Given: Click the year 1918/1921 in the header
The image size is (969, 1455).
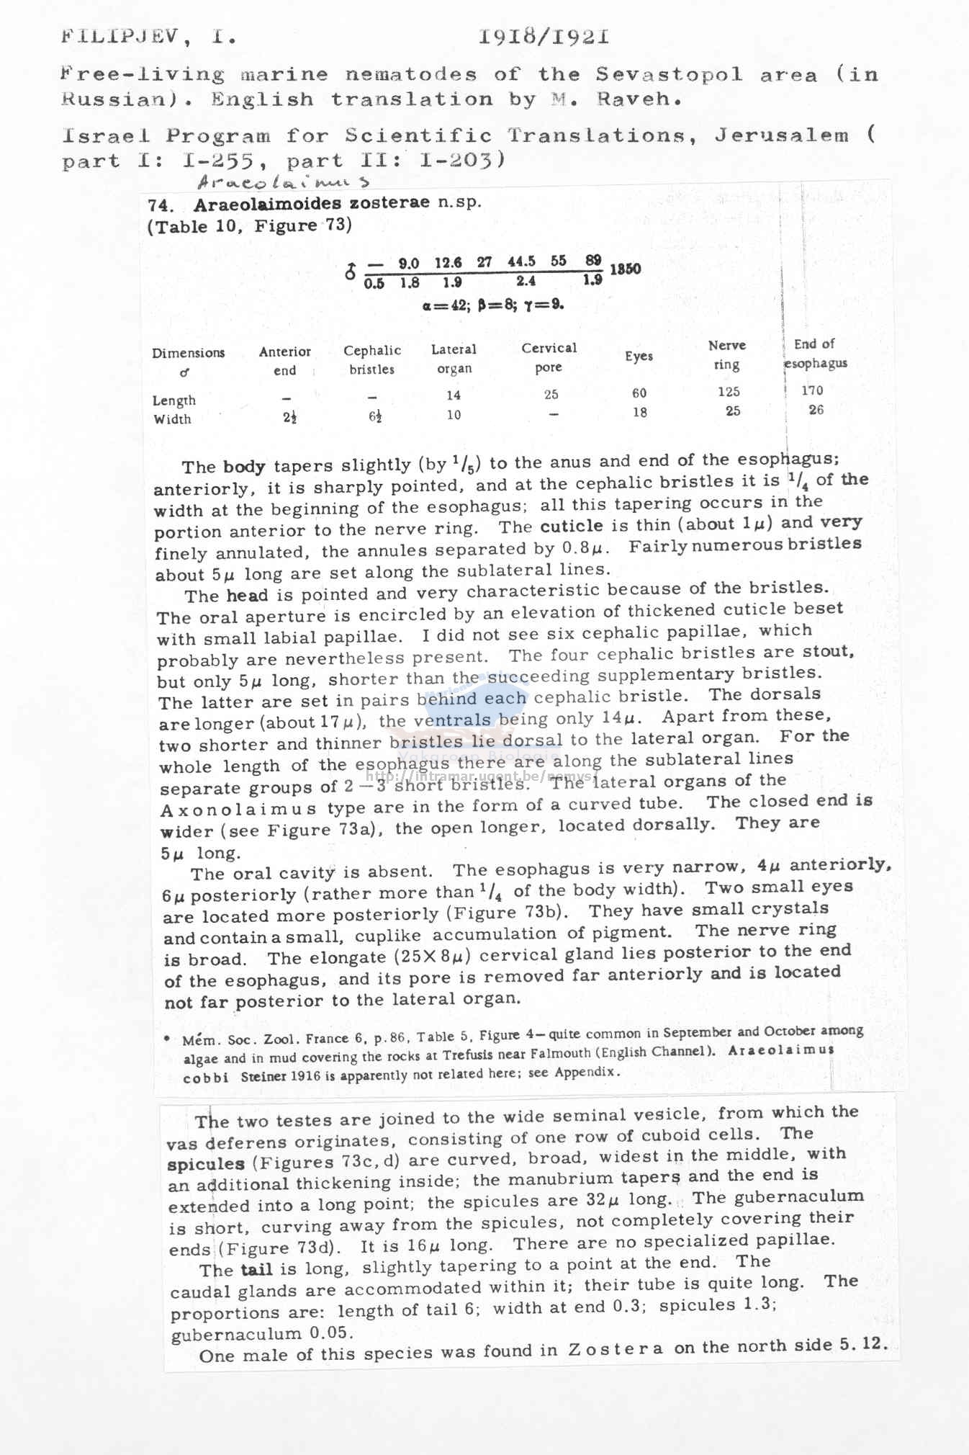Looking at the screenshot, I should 544,37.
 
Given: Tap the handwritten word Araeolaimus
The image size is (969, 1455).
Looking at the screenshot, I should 284,183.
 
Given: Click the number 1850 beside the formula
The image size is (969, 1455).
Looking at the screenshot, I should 625,269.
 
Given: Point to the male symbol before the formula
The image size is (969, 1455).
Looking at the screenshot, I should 351,273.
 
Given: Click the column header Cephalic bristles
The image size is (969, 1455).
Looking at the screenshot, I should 372,359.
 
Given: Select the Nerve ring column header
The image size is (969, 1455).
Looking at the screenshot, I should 726,355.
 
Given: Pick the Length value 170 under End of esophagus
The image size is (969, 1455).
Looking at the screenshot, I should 812,390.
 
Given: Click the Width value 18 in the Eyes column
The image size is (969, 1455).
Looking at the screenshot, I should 639,412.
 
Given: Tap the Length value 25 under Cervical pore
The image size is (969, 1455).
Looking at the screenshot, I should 551,394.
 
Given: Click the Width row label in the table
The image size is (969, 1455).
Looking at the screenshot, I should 172,419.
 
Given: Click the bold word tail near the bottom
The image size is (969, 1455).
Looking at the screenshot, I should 256,1270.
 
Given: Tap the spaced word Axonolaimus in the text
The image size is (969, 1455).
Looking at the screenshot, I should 238,810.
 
